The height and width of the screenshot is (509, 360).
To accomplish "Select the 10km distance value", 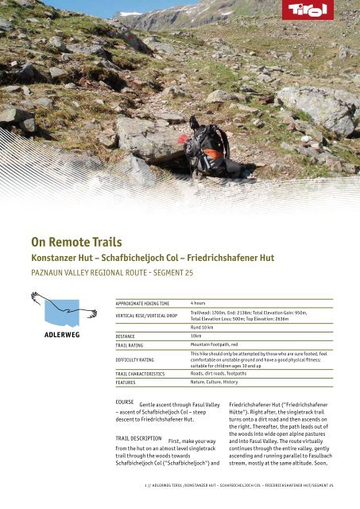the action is coord(196,336).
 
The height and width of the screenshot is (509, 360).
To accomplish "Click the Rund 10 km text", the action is coord(203,326).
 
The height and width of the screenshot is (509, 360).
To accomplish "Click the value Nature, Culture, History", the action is coord(214,383).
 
